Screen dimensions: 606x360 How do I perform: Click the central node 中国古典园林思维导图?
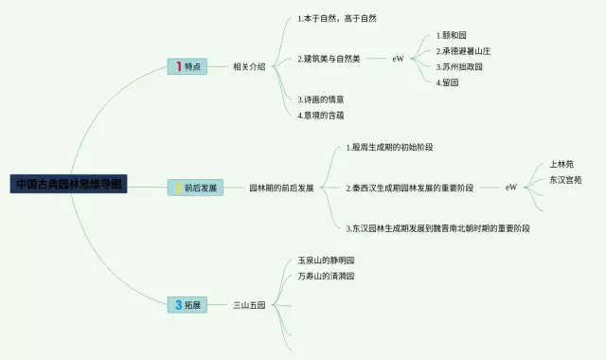pos(68,183)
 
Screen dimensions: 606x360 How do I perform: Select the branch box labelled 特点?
pos(187,66)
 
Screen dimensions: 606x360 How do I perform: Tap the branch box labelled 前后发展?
pos(194,188)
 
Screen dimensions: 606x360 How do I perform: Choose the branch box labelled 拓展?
pos(187,305)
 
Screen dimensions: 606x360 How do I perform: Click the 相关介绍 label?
pos(249,66)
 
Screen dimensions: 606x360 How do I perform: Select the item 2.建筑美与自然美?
pos(329,59)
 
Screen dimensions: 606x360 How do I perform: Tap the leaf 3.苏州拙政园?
pos(460,67)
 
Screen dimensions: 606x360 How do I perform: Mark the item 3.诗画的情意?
pos(320,99)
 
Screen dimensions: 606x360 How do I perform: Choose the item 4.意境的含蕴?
pos(320,115)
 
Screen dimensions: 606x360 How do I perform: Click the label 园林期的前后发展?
pos(281,188)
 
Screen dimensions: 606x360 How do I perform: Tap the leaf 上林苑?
pos(561,164)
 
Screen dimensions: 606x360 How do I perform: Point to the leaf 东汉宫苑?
pos(565,179)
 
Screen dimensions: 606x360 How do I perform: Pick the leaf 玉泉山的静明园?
pos(325,260)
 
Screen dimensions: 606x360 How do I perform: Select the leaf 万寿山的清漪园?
pos(325,276)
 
